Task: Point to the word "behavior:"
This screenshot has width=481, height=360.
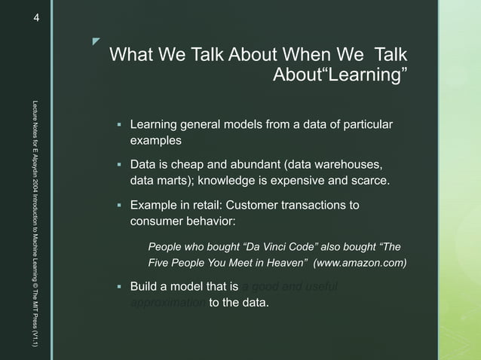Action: [209, 221]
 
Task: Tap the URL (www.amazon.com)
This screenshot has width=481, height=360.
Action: [360, 263]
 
